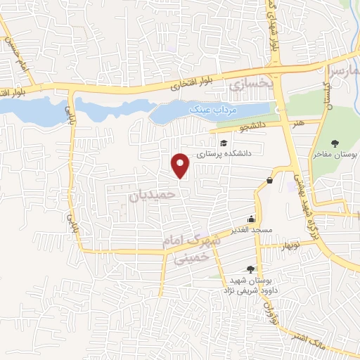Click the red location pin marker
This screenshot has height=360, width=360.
coord(181,165)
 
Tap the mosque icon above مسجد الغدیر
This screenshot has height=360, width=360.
coord(252,219)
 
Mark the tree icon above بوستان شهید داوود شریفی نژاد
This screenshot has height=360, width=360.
coord(250,269)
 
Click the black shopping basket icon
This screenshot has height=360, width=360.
coord(270,181)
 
